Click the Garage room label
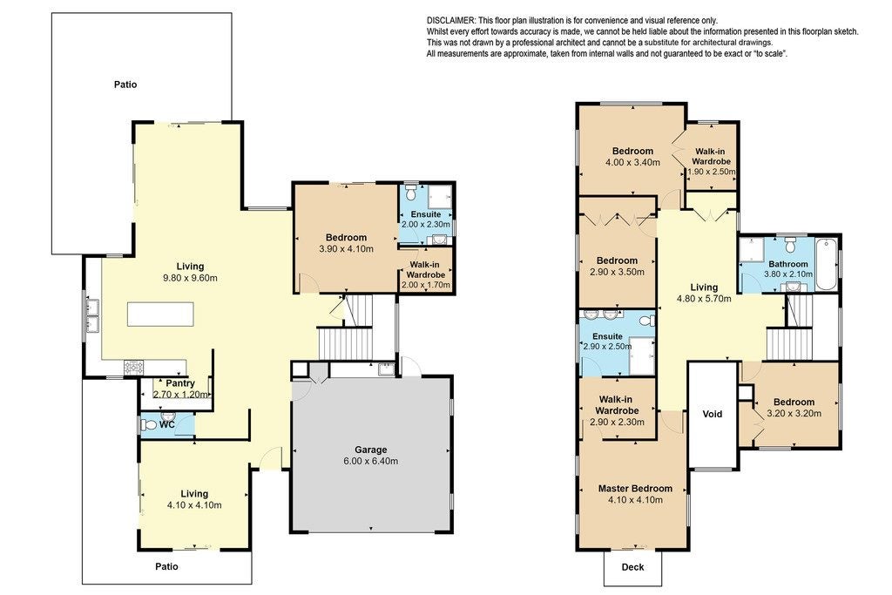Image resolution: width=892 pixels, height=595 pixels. coord(370,450)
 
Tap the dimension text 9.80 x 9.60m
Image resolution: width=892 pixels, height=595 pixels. coord(190,278)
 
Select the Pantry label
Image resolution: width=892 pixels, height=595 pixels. coord(180,383)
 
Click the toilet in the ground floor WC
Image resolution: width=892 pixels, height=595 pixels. coord(149,425)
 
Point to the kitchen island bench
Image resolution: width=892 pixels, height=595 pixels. coord(160,314)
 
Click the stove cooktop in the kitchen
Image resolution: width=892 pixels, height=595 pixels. coord(134,368)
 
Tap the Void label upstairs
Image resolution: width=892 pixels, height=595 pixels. coord(713,414)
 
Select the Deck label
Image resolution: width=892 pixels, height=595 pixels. coord(632,567)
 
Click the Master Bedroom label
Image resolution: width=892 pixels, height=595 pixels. coord(635,489)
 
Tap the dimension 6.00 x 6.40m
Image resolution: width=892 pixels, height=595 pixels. coord(370,462)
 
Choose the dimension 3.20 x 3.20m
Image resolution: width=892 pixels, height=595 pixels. coord(794,414)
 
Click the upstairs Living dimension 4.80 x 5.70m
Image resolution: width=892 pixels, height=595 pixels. coord(704,299)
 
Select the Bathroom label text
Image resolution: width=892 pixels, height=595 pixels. coord(787,264)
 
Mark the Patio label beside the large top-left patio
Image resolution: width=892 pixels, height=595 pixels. coord(125,85)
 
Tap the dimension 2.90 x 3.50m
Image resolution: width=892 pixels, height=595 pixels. coord(618,272)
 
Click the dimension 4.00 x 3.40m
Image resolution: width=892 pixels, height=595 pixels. coord(632,162)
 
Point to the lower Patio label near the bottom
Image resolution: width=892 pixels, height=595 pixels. coord(166,566)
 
